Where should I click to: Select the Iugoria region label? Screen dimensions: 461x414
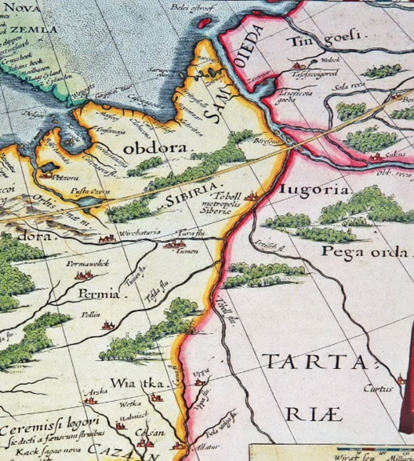point(316,190)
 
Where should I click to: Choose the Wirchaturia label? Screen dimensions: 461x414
point(139,233)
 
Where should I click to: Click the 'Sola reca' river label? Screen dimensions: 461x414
point(350,82)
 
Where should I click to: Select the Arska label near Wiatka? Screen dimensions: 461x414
point(99,391)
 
